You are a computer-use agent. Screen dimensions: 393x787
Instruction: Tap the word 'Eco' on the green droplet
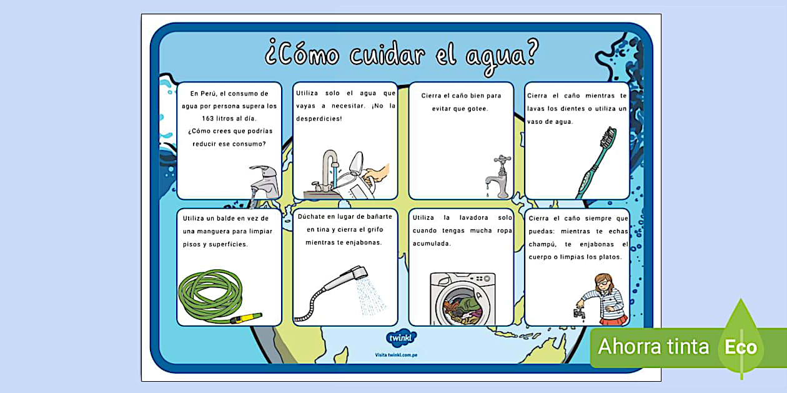click(740, 347)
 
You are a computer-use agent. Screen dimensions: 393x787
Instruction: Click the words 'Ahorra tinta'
click(653, 346)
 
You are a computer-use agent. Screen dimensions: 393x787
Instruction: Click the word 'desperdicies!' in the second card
click(319, 118)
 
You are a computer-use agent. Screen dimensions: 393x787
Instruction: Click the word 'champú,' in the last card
click(542, 244)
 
